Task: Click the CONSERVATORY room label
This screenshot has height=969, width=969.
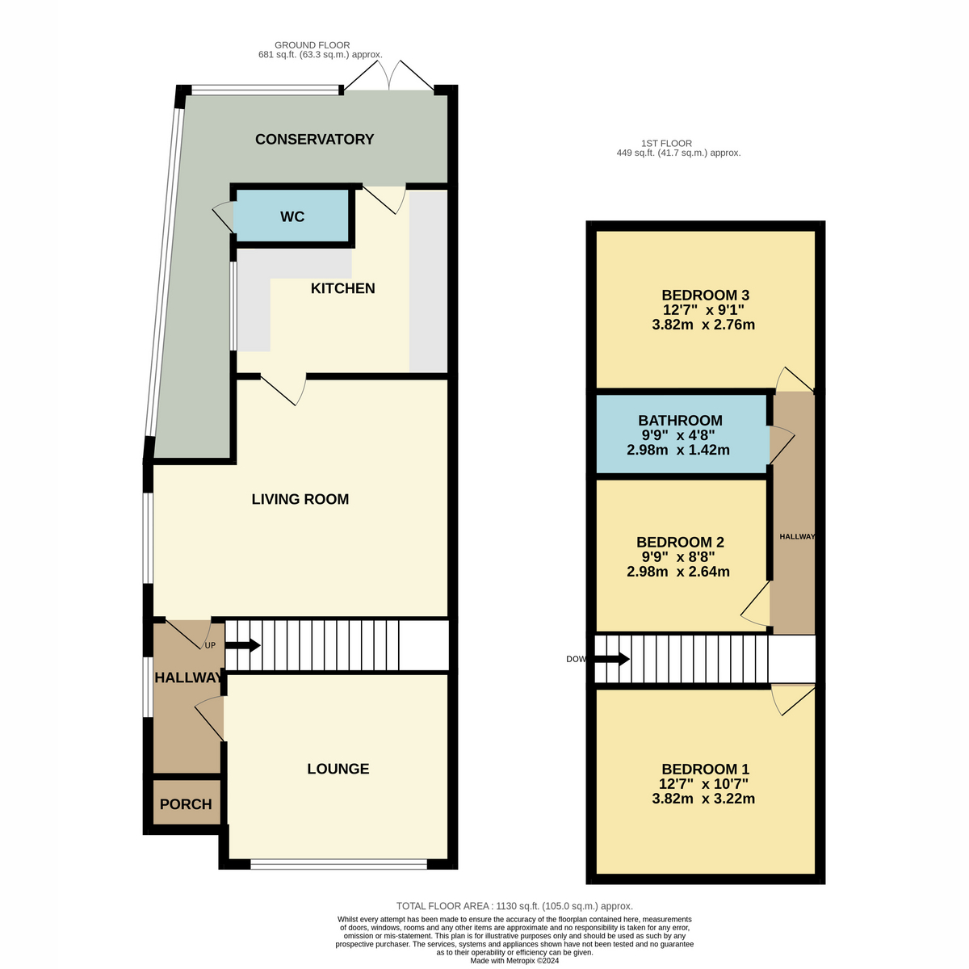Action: pyautogui.click(x=314, y=139)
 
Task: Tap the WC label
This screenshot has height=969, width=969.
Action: pyautogui.click(x=292, y=216)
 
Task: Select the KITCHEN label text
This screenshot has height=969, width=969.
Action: pyautogui.click(x=342, y=288)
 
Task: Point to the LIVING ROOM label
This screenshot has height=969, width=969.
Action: pyautogui.click(x=300, y=499)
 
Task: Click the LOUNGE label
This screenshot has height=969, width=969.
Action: pyautogui.click(x=338, y=769)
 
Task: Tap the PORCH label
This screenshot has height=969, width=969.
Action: pyautogui.click(x=186, y=804)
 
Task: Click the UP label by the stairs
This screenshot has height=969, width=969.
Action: pyautogui.click(x=210, y=645)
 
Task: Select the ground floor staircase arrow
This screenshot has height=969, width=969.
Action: pyautogui.click(x=242, y=645)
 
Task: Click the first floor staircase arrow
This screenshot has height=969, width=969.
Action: pyautogui.click(x=611, y=659)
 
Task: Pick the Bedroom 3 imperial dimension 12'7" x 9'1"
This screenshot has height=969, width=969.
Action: pyautogui.click(x=703, y=310)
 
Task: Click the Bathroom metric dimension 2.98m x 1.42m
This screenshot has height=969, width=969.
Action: pyautogui.click(x=677, y=450)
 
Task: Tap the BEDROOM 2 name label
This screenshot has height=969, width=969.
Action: pyautogui.click(x=680, y=542)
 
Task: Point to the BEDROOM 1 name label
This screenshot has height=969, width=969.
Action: pyautogui.click(x=705, y=769)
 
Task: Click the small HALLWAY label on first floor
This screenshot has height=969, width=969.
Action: pyautogui.click(x=797, y=536)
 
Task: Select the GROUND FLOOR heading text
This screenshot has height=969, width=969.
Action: pyautogui.click(x=313, y=45)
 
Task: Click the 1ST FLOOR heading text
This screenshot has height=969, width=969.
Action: pyautogui.click(x=666, y=143)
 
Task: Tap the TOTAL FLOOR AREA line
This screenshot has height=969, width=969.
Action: pyautogui.click(x=514, y=906)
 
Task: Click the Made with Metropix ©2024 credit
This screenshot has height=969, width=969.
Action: pyautogui.click(x=514, y=960)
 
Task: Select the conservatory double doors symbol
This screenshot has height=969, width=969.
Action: pyautogui.click(x=389, y=75)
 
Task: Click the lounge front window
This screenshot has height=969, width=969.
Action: pyautogui.click(x=338, y=864)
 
